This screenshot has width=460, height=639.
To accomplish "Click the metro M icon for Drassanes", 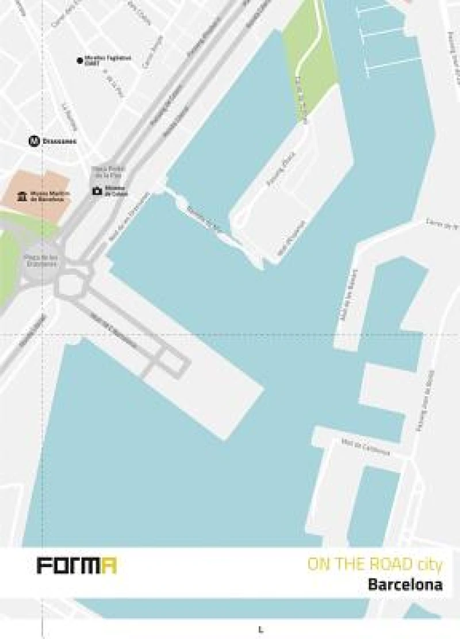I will pos(34,140).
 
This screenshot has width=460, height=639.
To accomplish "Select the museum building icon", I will pos(22,197).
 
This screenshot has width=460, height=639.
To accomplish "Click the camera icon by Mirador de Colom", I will pos(97,190).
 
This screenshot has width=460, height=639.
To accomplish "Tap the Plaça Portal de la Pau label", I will pos(106,171).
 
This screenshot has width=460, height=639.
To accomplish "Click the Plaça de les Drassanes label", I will pos(41,261).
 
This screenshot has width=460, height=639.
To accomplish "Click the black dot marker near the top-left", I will pos(79,60).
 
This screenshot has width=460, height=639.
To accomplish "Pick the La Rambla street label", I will pos(70,116).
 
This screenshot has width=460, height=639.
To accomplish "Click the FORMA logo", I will pos(76,565).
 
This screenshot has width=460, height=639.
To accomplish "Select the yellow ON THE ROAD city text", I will pos(375,565).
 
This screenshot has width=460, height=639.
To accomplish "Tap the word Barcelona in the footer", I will pos(405,585).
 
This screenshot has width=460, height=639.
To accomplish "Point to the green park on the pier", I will pos(310,63).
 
